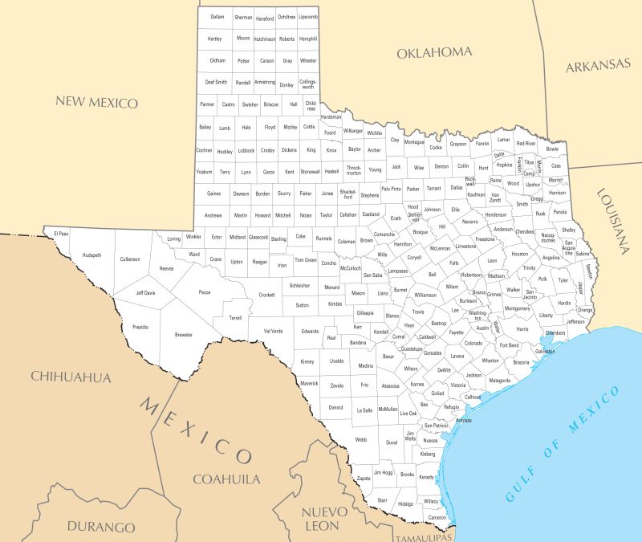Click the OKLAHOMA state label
434,52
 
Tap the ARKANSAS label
598,66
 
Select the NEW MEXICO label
96,102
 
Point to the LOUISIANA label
614,221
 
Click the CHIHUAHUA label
71,377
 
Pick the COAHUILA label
226,479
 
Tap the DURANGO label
101,528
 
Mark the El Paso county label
61,234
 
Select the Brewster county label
184,334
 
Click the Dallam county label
217,17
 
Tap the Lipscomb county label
308,17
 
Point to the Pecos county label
205,292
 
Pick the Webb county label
361,439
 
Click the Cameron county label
437,517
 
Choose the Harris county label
522,328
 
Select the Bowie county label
552,149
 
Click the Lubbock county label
246,150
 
